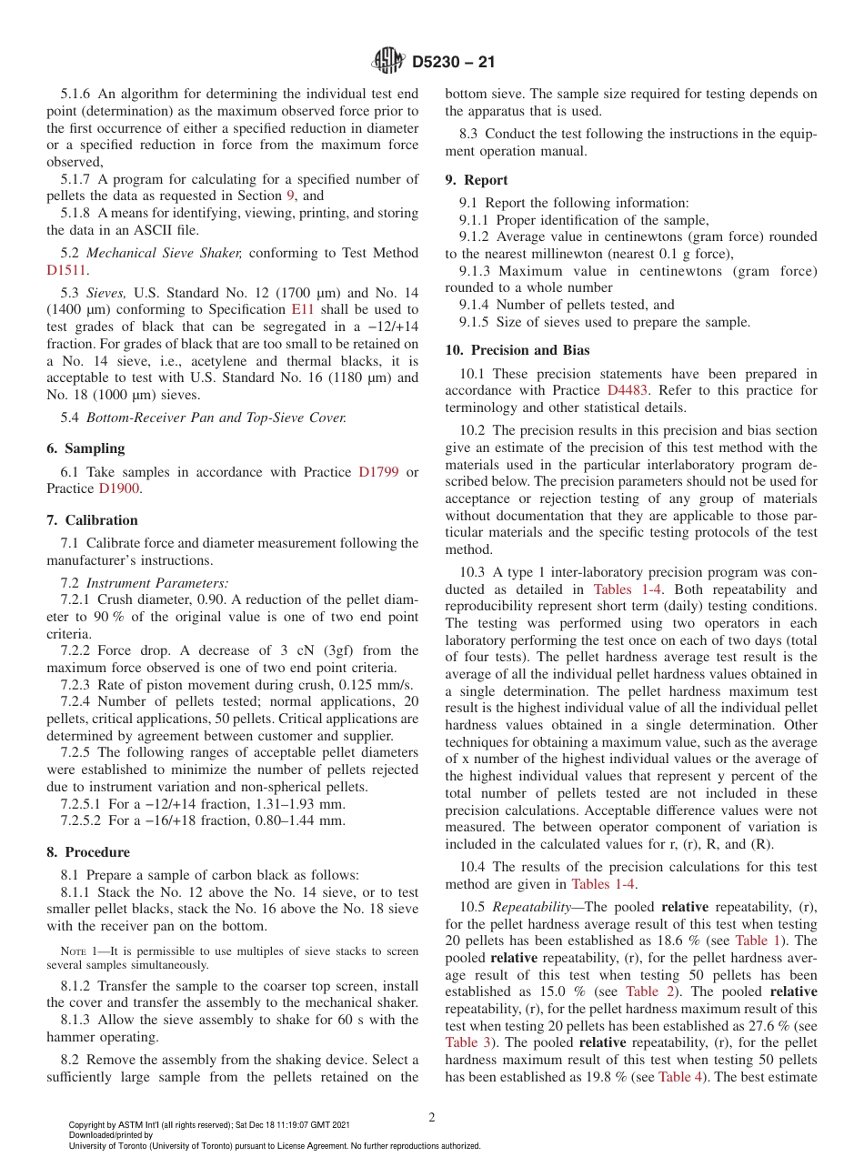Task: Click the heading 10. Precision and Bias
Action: click(x=517, y=350)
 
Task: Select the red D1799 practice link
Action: click(x=378, y=472)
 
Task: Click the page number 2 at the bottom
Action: click(x=432, y=1118)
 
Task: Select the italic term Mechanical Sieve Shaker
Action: click(x=164, y=253)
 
